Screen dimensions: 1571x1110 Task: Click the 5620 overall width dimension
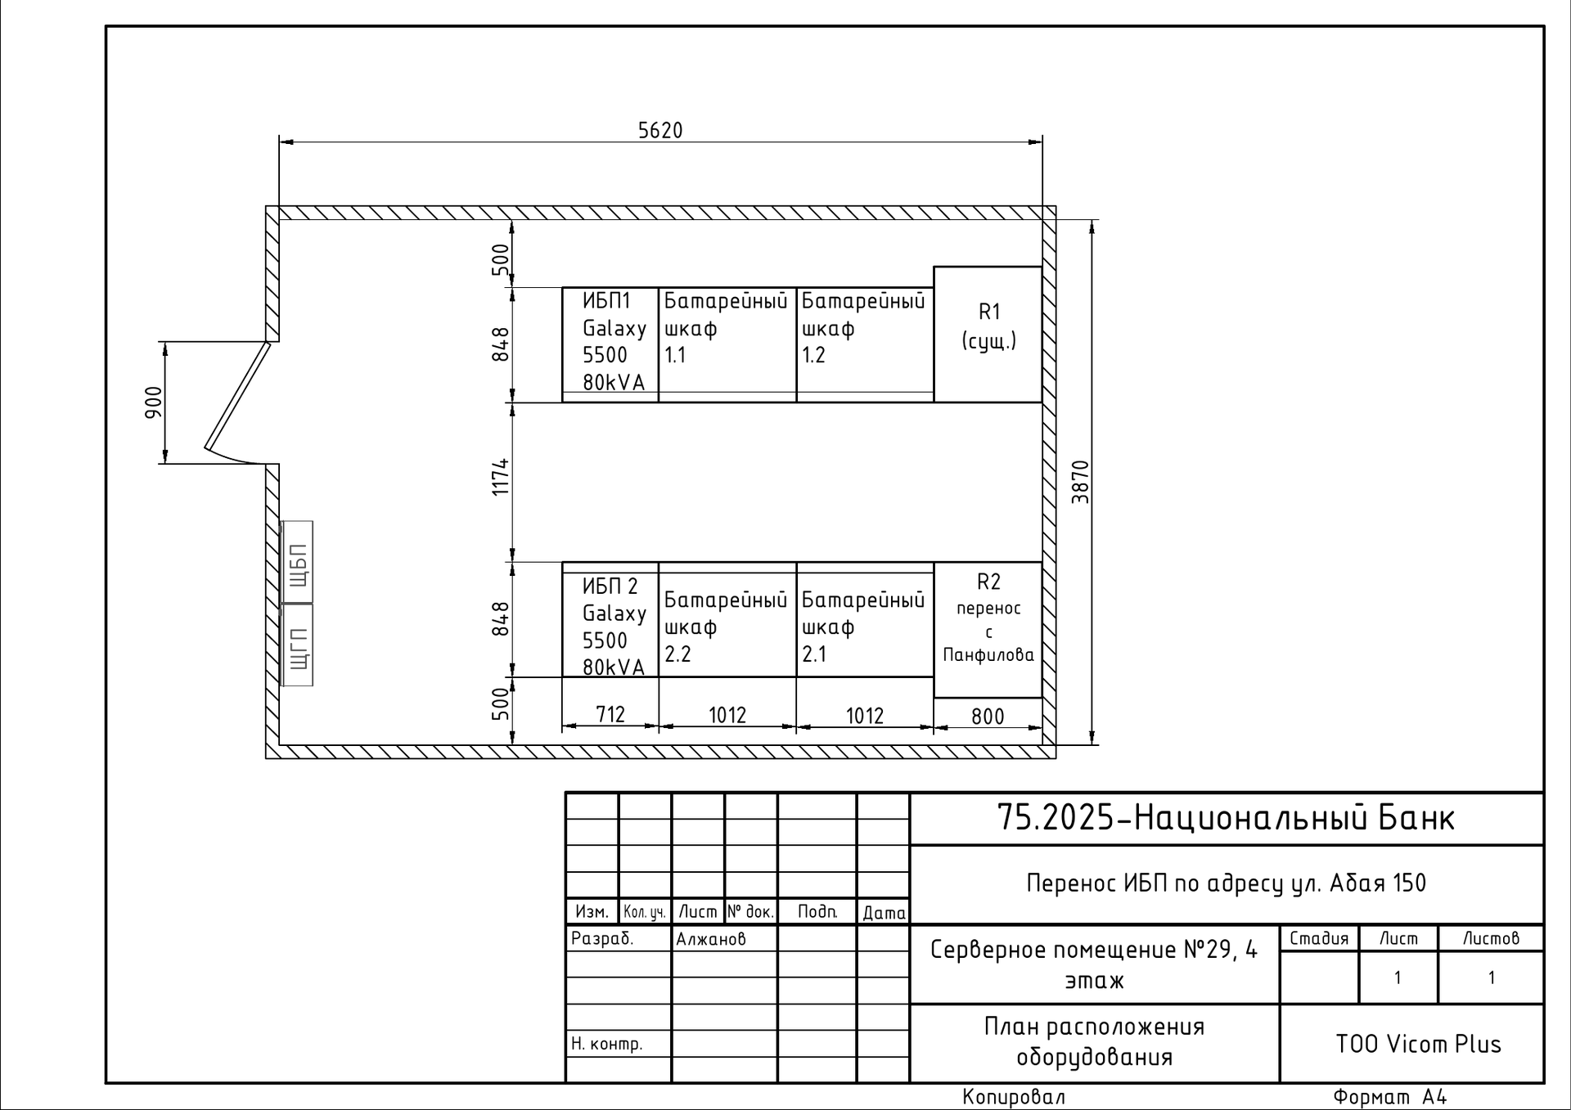pyautogui.click(x=659, y=131)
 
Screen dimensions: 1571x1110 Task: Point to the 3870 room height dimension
pyautogui.click(x=1081, y=483)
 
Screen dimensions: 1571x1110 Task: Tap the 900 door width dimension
pyautogui.click(x=154, y=402)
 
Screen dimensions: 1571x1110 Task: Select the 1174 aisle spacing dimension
pyautogui.click(x=501, y=477)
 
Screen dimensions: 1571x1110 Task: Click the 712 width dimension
pyautogui.click(x=610, y=715)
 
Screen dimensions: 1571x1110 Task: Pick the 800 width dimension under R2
pyautogui.click(x=988, y=717)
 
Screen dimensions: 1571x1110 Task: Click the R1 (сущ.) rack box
pyautogui.click(x=988, y=335)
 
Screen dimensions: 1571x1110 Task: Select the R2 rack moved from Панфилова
pyautogui.click(x=988, y=630)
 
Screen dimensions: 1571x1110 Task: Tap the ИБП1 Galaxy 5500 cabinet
pyautogui.click(x=610, y=344)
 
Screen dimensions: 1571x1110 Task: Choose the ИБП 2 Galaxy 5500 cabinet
pyautogui.click(x=610, y=619)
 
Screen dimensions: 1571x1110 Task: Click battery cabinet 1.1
pyautogui.click(x=727, y=344)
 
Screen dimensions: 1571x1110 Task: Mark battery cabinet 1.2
pyautogui.click(x=865, y=344)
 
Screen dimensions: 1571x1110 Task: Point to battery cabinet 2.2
pyautogui.click(x=727, y=619)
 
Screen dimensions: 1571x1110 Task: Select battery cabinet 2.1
pyautogui.click(x=865, y=619)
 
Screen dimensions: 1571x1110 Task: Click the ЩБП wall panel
pyautogui.click(x=297, y=563)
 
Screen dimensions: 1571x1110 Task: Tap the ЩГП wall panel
pyautogui.click(x=297, y=645)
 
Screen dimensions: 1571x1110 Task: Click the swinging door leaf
pyautogui.click(x=237, y=396)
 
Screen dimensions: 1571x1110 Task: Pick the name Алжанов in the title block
pyautogui.click(x=711, y=939)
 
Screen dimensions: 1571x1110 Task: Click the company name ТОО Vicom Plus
pyautogui.click(x=1418, y=1045)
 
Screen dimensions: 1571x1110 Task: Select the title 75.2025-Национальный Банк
pyautogui.click(x=1226, y=818)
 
